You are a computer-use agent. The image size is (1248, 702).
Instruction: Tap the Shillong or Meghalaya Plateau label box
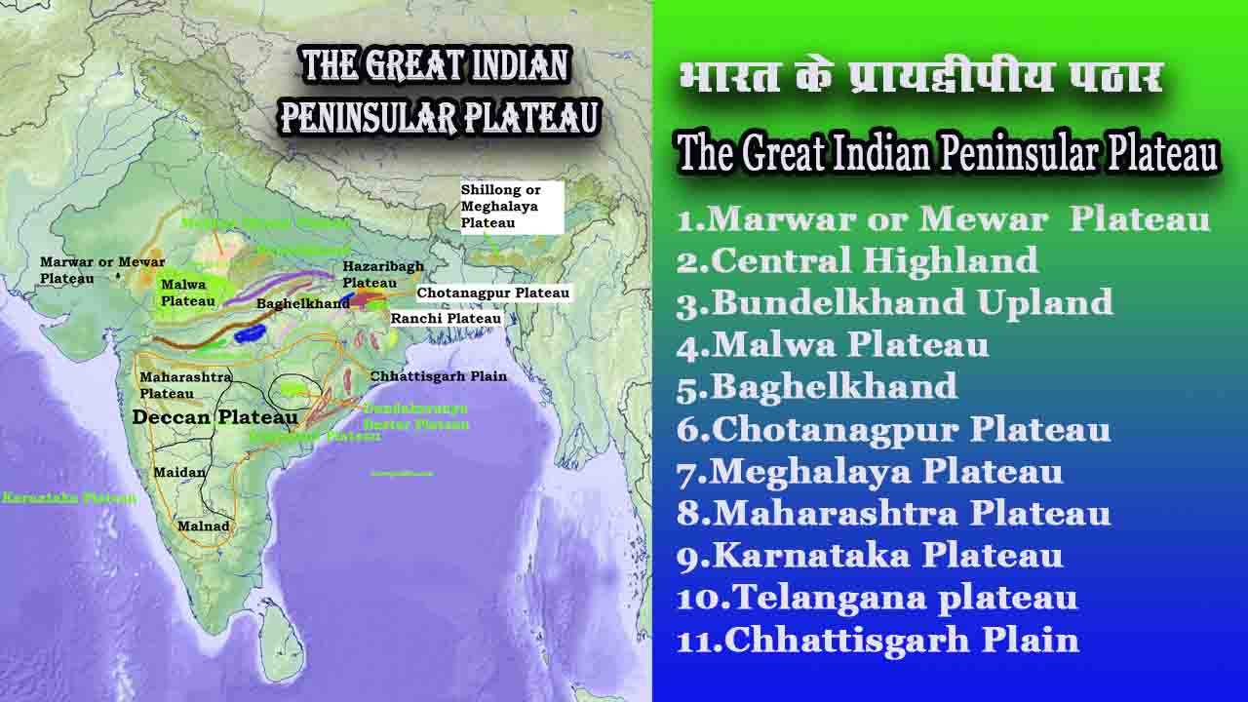512,207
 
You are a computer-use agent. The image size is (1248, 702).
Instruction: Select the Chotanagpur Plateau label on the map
492,292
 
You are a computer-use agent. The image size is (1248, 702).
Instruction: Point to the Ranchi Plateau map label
446,319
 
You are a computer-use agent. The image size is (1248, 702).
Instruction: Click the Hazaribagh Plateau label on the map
370,275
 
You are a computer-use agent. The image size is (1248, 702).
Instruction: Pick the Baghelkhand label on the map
302,304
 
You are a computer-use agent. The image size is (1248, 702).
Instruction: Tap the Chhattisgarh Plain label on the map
438,376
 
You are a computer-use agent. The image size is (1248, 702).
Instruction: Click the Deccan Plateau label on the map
214,417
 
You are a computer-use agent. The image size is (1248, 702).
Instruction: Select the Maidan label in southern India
179,473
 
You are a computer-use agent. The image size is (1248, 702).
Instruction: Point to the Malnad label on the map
203,526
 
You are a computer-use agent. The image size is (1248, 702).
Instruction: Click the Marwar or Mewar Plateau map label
102,270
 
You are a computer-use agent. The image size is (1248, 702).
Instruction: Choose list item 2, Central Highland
858,260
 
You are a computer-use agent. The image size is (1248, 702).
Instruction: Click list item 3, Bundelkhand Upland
895,302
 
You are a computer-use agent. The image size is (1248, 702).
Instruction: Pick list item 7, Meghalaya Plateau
870,471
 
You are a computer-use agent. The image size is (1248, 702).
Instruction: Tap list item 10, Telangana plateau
877,597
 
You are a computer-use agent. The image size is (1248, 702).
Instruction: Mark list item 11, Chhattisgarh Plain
877,640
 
